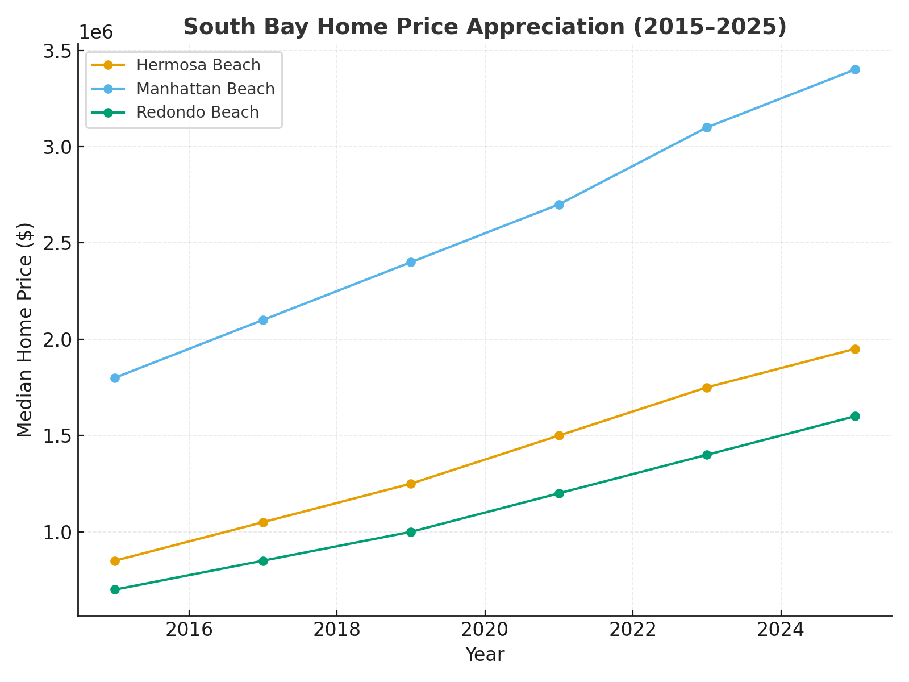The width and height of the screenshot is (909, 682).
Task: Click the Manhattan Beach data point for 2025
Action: [x=855, y=70]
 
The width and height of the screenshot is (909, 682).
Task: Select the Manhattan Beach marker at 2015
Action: [x=115, y=378]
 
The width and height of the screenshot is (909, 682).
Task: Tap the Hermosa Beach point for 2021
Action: [x=559, y=435]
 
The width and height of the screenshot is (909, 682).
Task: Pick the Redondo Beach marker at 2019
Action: [x=411, y=532]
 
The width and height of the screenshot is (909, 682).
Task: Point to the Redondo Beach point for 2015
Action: [x=115, y=589]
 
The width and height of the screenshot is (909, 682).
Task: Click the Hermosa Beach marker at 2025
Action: [x=855, y=349]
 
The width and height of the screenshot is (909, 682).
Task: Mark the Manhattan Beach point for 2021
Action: [x=559, y=205]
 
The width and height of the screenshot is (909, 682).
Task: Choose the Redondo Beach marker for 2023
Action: [x=707, y=455]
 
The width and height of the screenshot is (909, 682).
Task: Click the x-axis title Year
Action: [x=485, y=655]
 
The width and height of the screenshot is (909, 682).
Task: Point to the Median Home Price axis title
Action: [x=25, y=330]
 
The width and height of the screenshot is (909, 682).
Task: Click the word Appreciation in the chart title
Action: [x=545, y=27]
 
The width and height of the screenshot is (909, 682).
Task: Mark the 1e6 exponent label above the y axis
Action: [x=95, y=32]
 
